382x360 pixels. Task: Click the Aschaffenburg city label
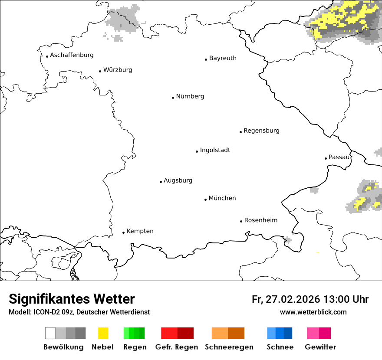[72, 55]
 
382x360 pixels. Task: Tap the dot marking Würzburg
[100, 71]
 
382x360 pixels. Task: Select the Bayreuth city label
[223, 58]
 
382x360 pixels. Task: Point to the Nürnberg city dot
[173, 98]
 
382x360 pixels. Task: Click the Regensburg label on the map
[261, 131]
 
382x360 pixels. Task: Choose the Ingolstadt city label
[215, 150]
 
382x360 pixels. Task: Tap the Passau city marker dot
[326, 158]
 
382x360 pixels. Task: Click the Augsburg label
[178, 180]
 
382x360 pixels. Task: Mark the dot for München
[205, 200]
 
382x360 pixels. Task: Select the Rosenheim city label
[260, 220]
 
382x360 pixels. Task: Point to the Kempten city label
[140, 231]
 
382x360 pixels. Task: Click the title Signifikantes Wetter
[72, 299]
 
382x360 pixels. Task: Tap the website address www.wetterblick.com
[313, 312]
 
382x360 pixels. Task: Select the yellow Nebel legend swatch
[103, 333]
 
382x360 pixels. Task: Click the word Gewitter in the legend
[320, 347]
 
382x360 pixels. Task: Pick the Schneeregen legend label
[229, 347]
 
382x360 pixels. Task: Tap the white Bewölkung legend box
[50, 333]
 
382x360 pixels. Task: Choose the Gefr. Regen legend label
[176, 347]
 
